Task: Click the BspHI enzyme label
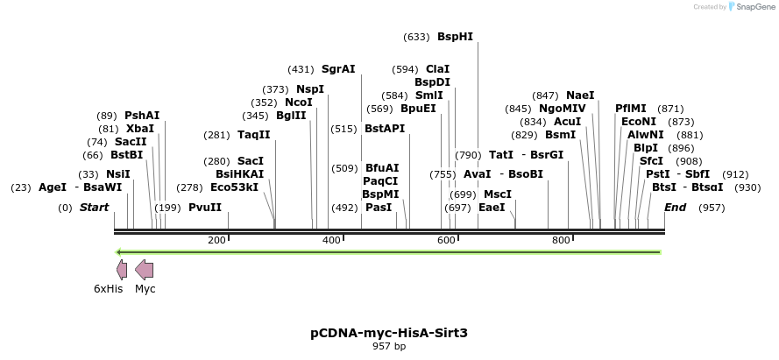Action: click(455, 37)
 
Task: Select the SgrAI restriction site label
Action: click(338, 68)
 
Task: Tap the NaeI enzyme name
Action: click(580, 95)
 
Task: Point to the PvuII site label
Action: click(205, 208)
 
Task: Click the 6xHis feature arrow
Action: click(122, 270)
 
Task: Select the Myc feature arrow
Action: click(145, 270)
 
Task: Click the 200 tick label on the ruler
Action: click(216, 240)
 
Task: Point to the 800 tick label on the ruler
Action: click(560, 240)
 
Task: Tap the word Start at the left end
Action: click(94, 208)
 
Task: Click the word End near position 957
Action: click(675, 208)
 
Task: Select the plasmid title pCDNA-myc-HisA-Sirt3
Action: click(389, 333)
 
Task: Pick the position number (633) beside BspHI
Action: click(416, 37)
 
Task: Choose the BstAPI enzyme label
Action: click(385, 129)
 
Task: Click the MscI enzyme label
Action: click(498, 194)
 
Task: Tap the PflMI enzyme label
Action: click(630, 108)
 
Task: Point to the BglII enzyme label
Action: click(291, 115)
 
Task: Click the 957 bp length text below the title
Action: click(389, 347)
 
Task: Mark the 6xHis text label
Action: click(109, 288)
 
